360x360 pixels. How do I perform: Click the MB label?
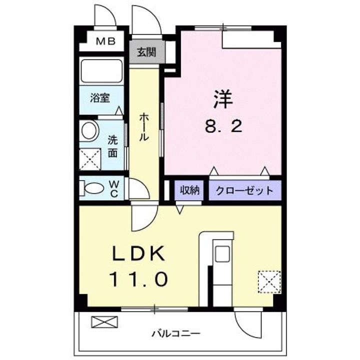tap(105, 41)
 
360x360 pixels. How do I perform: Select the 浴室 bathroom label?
tap(99, 98)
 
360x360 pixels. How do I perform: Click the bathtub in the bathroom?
tap(101, 73)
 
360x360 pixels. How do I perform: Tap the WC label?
tap(113, 189)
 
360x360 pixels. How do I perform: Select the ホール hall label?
tap(144, 126)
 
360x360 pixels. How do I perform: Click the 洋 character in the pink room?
tap(223, 98)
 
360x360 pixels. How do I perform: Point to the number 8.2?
tap(223, 125)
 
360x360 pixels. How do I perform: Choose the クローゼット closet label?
tap(244, 190)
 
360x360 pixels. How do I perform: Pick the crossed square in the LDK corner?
tap(269, 280)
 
